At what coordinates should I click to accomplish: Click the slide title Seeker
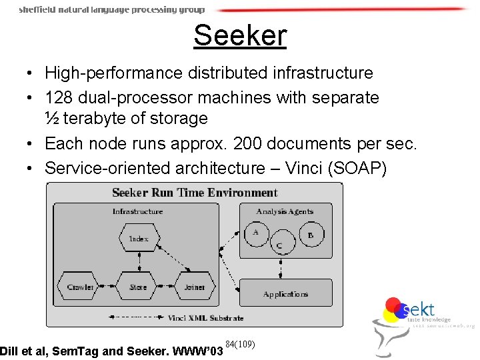click(x=240, y=35)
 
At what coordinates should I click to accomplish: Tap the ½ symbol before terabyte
click(x=51, y=119)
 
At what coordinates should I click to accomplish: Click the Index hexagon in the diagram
click(x=138, y=238)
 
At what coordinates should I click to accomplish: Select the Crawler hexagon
click(x=81, y=287)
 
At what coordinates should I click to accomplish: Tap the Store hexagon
click(x=138, y=287)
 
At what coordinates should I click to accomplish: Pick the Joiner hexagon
click(x=195, y=287)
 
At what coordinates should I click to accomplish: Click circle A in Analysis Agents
click(x=255, y=233)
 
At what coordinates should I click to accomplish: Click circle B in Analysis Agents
click(x=309, y=235)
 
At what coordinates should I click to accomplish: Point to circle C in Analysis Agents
click(x=279, y=245)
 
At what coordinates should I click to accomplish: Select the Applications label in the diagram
click(x=285, y=294)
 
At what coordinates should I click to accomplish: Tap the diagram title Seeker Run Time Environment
click(x=195, y=193)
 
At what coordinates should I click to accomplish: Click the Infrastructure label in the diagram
click(x=137, y=211)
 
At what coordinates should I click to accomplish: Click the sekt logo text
click(x=419, y=309)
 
